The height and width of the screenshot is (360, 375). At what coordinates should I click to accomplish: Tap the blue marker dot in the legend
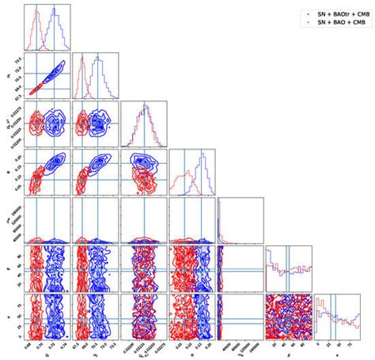coord(305,13)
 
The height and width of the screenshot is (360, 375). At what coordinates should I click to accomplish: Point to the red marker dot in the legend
coord(305,23)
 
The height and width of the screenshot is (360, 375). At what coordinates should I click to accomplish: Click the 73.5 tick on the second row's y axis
coord(17,60)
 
